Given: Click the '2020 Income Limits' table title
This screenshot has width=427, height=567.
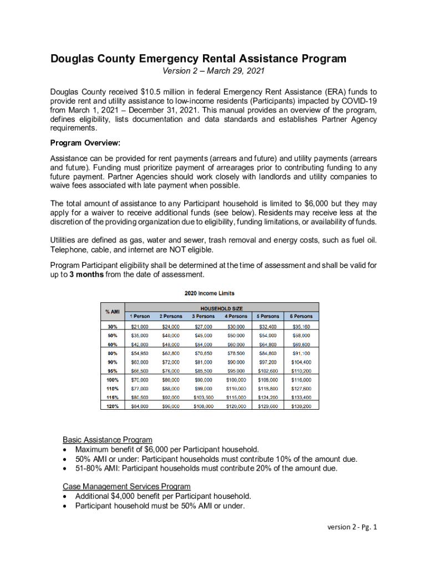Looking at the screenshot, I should [209, 293].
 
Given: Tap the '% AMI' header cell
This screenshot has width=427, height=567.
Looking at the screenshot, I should [112, 312].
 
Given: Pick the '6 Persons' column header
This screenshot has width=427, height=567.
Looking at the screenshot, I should [301, 316].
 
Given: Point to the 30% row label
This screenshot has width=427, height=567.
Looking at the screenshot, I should [112, 327].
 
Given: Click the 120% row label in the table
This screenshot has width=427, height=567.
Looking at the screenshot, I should [112, 406].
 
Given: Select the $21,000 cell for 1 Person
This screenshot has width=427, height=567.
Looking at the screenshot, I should [139, 327].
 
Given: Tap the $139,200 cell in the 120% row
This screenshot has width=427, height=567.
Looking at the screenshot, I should [301, 406].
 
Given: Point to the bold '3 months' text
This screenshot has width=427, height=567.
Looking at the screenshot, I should [87, 275].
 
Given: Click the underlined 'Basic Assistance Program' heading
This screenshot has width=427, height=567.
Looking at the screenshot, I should [107, 440].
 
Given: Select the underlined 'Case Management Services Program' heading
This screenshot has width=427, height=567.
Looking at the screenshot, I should [127, 486].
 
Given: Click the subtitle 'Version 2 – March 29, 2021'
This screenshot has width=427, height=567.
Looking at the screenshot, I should [213, 71].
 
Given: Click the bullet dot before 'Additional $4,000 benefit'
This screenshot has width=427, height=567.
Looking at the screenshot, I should [67, 496].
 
